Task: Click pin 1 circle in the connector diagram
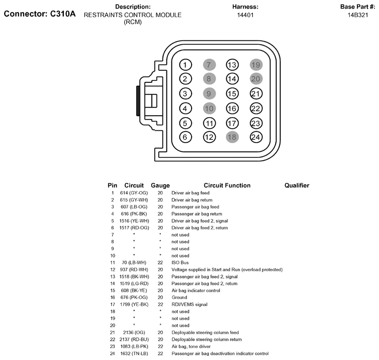[x=186, y=65]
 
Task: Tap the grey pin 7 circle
[x=209, y=65]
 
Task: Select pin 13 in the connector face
[x=232, y=65]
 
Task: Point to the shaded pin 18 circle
[x=232, y=137]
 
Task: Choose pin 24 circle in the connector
[x=256, y=137]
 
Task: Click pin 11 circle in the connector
[x=209, y=124]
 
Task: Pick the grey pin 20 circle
[x=256, y=79]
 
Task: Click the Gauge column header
[x=160, y=185]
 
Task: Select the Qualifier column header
[x=297, y=185]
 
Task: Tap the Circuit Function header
[x=227, y=185]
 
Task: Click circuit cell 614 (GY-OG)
[x=134, y=193]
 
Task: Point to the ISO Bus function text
[x=180, y=263]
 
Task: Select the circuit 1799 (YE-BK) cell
[x=134, y=304]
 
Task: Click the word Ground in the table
[x=179, y=297]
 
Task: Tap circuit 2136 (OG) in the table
[x=134, y=333]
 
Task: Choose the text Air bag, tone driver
[x=191, y=346]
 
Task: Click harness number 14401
[x=246, y=15]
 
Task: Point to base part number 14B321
[x=358, y=15]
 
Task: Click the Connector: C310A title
[x=40, y=14]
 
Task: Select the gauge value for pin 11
[x=160, y=263]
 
